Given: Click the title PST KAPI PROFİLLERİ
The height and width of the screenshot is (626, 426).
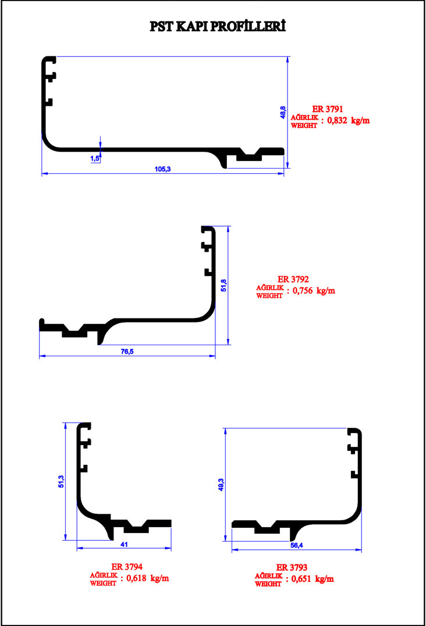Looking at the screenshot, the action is coord(218,26).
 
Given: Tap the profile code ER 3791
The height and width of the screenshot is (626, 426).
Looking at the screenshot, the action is coord(328,109).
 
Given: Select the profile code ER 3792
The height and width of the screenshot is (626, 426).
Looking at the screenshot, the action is coord(293,280).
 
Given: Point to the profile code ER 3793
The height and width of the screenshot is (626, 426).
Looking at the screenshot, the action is coord(292,567).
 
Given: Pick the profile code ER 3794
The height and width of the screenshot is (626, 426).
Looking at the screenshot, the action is coord(127,567).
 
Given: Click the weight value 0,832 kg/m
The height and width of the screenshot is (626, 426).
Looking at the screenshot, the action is coord(349,120).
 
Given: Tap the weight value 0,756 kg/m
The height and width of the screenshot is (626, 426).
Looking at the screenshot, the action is coord(314,291).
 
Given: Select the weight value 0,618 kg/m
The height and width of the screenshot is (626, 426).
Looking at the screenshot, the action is coord(148,578).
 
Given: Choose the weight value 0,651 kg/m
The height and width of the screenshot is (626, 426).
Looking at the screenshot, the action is coord(313,579).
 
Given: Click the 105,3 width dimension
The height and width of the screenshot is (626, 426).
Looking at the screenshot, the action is coord(162,169).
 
